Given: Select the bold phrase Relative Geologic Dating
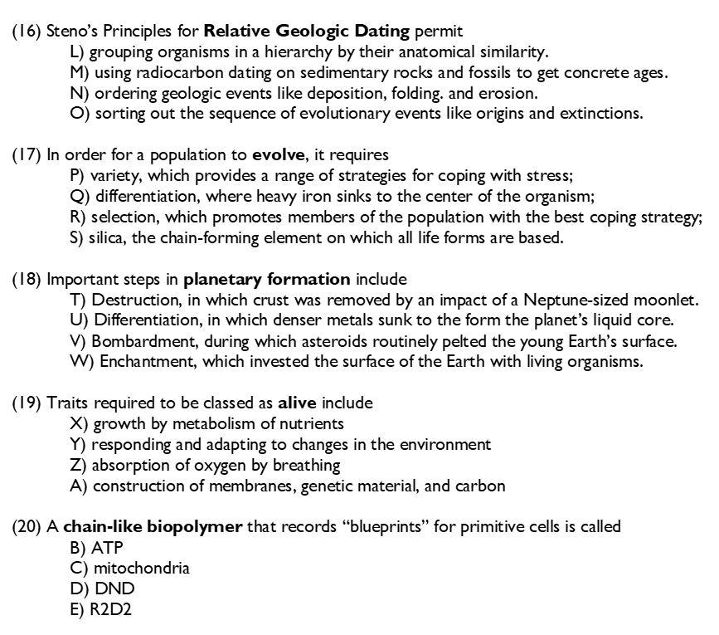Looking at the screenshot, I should [307, 32].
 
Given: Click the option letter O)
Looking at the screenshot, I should [80, 114].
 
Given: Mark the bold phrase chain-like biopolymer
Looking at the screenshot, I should [153, 527].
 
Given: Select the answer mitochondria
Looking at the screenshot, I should [141, 569].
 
